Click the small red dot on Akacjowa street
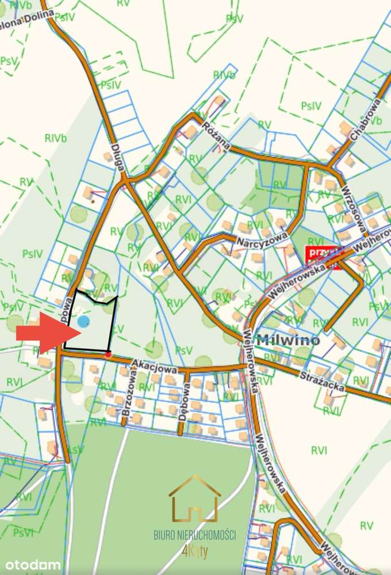tap(108, 355)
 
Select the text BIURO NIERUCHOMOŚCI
tap(195, 535)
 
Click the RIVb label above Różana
tap(224, 75)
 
